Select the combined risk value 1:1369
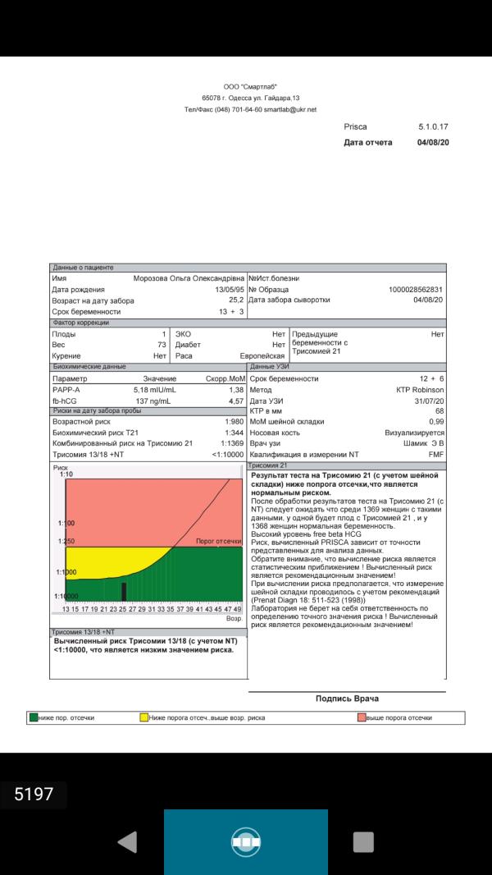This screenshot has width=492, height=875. point(230,443)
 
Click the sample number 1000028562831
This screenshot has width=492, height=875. point(416,290)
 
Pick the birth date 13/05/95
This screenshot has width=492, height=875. point(229,290)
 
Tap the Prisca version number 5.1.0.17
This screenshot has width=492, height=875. point(433,127)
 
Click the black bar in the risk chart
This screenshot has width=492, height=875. point(124,591)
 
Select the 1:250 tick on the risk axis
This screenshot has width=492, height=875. point(66,542)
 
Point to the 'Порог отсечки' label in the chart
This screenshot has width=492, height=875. point(219,542)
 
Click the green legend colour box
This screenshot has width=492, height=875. point(34,717)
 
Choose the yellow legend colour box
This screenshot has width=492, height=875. point(143,717)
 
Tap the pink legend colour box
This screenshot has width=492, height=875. point(361,717)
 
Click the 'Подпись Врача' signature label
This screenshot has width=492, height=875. point(347,699)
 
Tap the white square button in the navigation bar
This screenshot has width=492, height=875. point(362,841)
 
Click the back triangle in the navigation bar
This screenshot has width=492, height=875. point(127,841)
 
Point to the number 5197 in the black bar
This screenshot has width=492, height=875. point(34,794)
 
